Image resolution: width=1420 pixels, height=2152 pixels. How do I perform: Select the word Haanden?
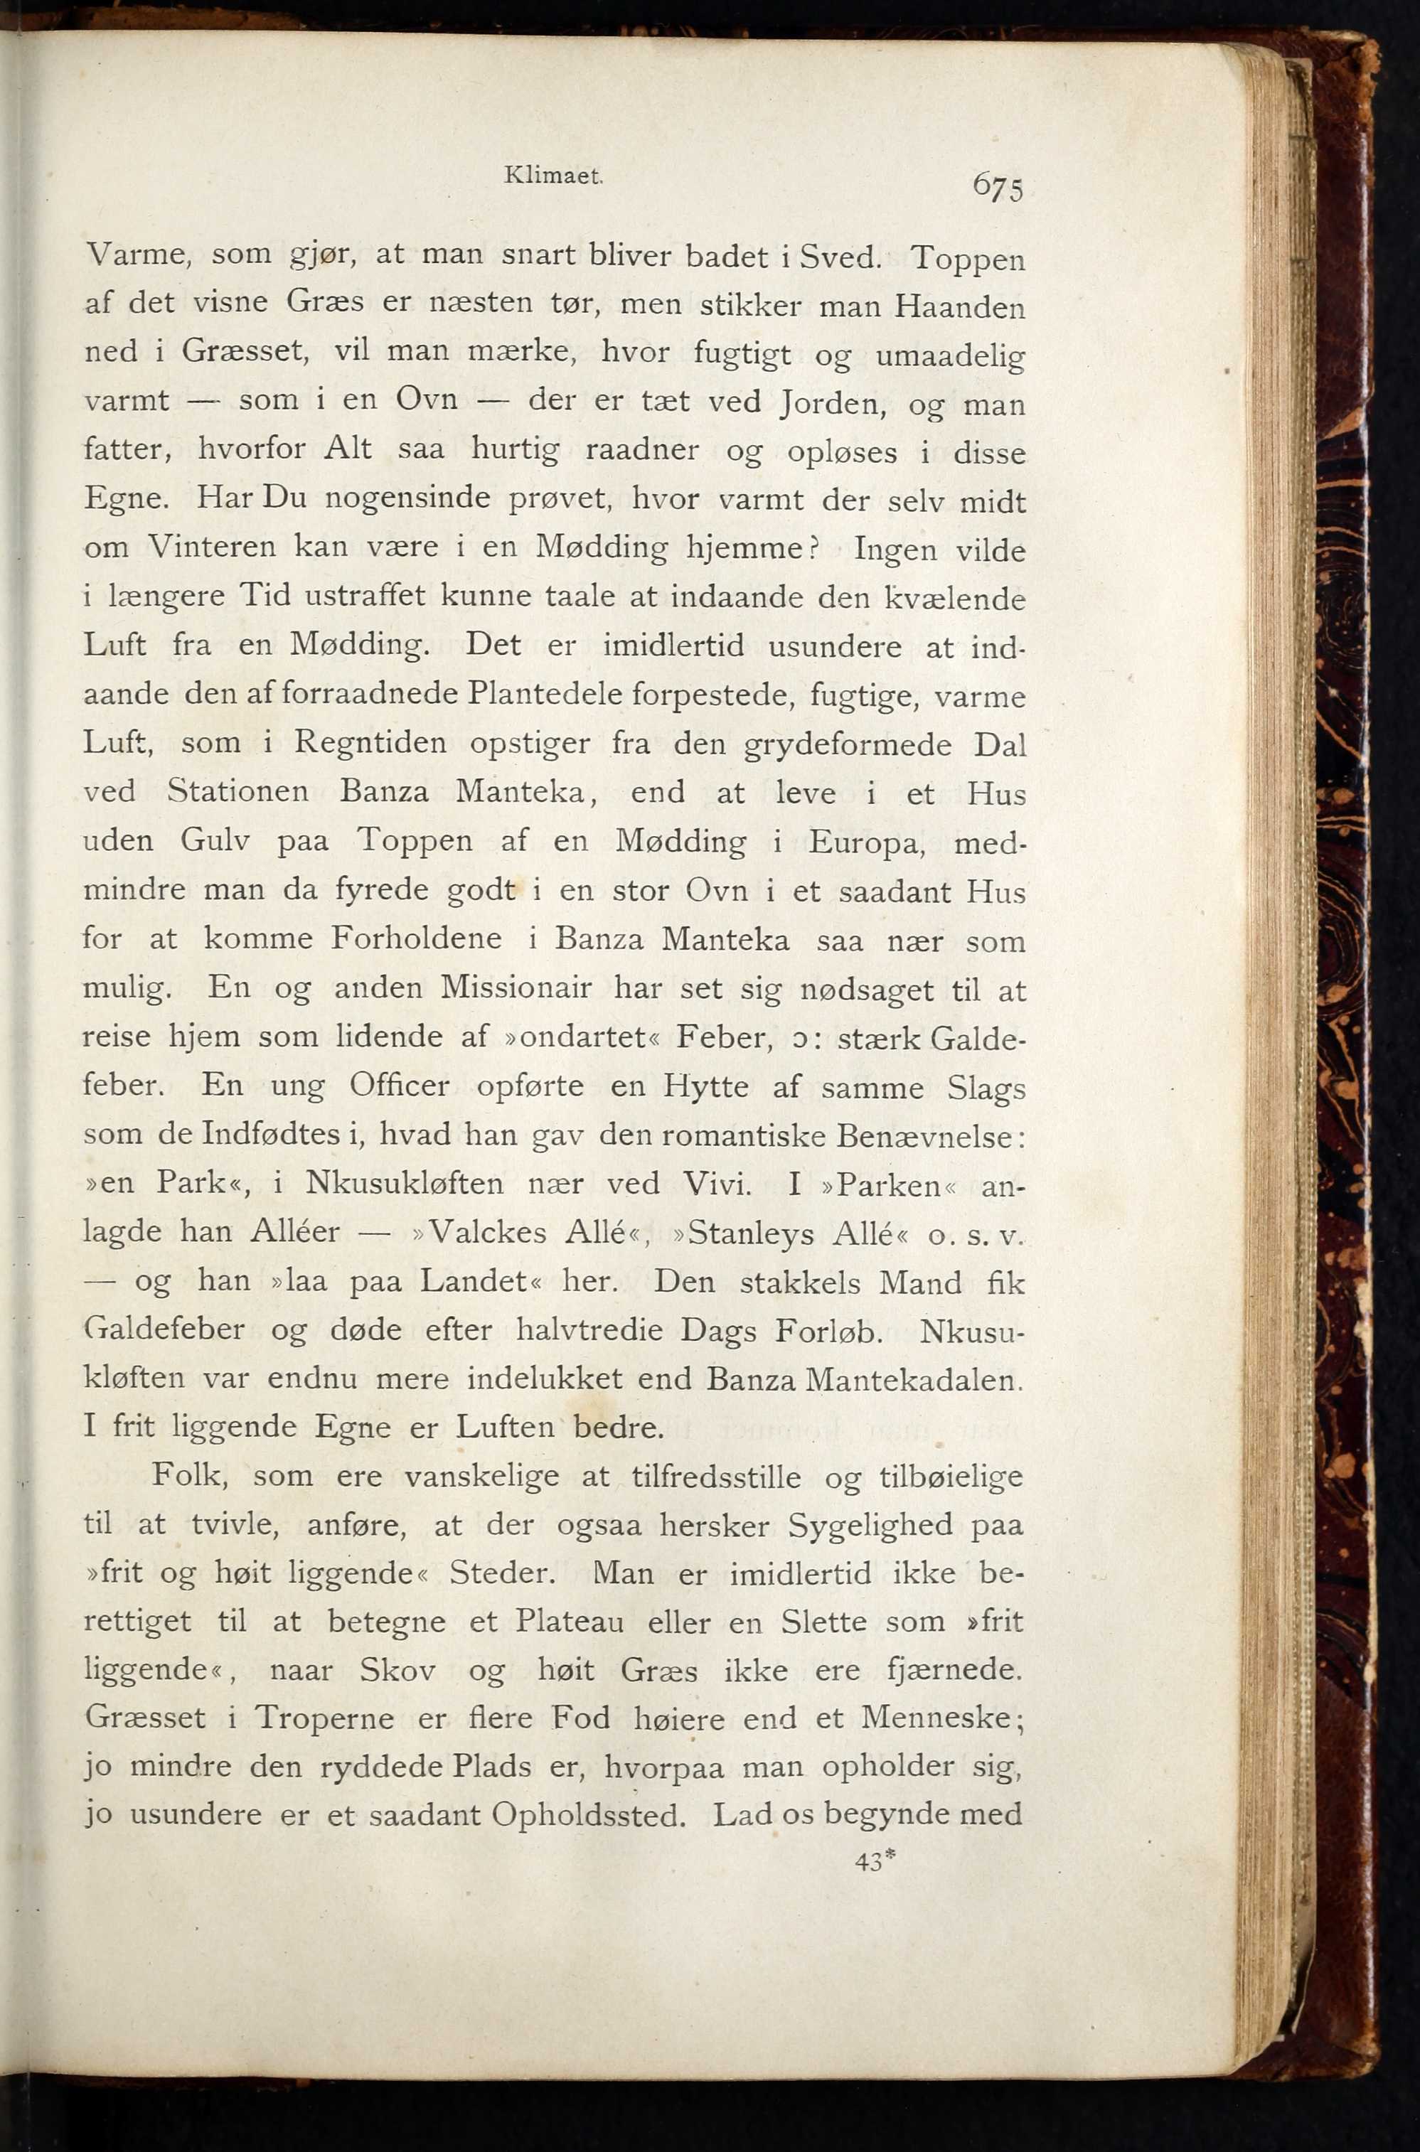click(x=959, y=308)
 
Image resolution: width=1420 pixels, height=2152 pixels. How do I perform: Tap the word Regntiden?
click(x=370, y=744)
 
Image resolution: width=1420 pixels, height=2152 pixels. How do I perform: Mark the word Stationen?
click(x=238, y=792)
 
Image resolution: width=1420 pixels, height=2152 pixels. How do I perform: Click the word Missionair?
click(x=517, y=987)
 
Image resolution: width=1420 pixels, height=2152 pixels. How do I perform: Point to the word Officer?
click(x=400, y=1085)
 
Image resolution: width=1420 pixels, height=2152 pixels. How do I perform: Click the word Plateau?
click(x=569, y=1620)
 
